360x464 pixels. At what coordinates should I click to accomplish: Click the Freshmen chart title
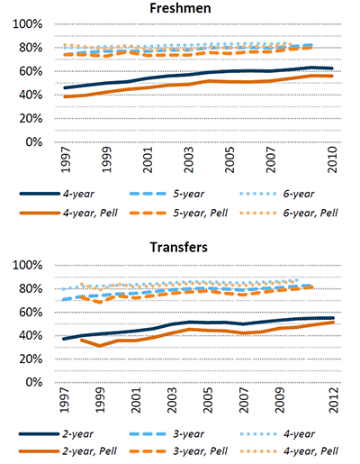(180, 8)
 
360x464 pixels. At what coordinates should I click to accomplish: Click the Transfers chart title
(179, 247)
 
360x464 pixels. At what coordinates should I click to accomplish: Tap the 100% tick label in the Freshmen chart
(28, 24)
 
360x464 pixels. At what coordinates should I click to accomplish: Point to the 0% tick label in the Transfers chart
(34, 382)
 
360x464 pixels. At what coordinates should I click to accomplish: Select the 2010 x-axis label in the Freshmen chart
(332, 159)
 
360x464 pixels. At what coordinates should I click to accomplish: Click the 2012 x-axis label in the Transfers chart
(333, 400)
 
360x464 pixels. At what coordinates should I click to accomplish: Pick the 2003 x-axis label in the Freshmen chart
(189, 159)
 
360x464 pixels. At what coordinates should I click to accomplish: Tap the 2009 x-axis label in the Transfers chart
(279, 400)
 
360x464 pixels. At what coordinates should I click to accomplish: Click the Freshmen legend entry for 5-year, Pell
(178, 213)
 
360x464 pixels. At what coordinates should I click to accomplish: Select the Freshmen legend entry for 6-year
(276, 194)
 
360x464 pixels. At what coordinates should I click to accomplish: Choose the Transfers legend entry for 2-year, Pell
(67, 451)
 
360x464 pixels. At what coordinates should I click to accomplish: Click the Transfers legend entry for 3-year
(166, 434)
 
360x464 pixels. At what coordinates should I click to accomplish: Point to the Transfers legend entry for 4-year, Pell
(289, 451)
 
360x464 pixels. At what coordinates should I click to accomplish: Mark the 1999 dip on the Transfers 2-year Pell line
(100, 346)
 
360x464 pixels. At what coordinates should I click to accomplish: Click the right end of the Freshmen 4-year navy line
(332, 68)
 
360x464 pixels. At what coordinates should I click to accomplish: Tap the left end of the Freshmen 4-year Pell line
(65, 96)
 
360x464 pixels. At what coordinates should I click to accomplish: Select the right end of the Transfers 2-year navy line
(333, 318)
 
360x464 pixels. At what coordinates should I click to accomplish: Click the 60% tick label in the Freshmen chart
(31, 71)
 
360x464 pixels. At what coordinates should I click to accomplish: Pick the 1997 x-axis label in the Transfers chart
(63, 400)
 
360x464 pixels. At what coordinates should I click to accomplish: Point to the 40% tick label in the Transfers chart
(31, 335)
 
